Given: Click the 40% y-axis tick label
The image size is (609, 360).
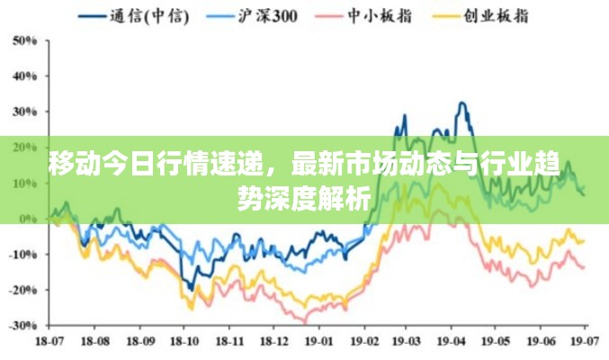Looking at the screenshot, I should click(x=24, y=77).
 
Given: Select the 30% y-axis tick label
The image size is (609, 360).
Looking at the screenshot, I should click(x=24, y=112).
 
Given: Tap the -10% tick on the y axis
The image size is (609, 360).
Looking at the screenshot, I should click(x=22, y=254).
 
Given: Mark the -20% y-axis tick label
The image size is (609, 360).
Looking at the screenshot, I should click(x=22, y=289).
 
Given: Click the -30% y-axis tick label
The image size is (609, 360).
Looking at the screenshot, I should click(x=22, y=324).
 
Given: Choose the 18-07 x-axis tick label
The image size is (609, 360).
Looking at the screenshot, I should click(x=49, y=343).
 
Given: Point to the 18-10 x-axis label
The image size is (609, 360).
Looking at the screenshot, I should click(x=184, y=343).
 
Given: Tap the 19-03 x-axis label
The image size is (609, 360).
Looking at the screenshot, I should click(x=407, y=343).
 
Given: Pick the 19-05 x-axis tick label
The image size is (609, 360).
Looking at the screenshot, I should click(x=496, y=343).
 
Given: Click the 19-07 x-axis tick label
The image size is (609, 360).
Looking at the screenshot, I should click(x=585, y=343).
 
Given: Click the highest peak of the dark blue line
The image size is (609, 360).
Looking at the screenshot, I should click(x=462, y=103).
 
